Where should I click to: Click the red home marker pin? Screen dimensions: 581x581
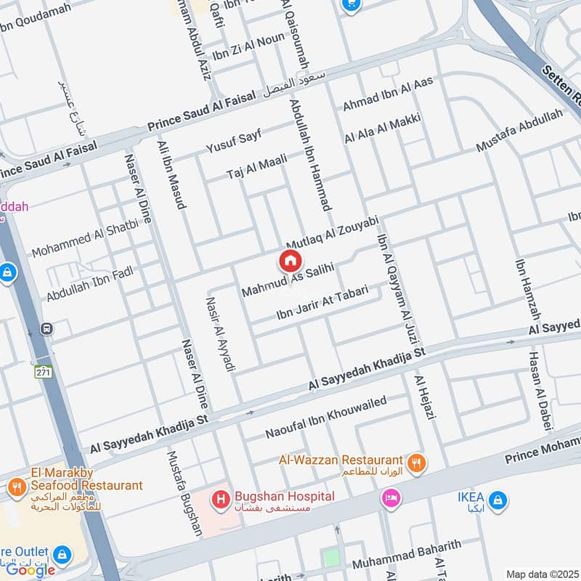(x=289, y=261)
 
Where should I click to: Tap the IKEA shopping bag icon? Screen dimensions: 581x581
(x=499, y=500)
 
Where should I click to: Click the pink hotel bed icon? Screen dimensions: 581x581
(x=391, y=499)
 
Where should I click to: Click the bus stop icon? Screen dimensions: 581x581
(x=47, y=328)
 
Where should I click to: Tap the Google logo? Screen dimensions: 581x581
(x=31, y=570)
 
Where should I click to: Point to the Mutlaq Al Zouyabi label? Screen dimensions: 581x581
(x=333, y=232)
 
